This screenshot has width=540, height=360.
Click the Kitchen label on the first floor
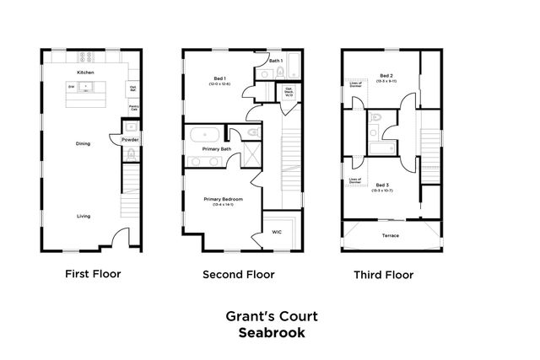tap(85, 73)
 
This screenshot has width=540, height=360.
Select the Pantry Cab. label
tap(133, 107)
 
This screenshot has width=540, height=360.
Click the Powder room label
tap(130, 139)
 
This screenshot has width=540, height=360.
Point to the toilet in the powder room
tap(131, 153)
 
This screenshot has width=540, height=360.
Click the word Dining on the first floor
tap(84, 143)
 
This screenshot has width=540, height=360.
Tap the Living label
tap(84, 216)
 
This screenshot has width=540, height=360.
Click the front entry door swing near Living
tap(121, 237)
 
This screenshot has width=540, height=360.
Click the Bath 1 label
tap(275, 61)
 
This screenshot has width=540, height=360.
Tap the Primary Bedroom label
tap(223, 199)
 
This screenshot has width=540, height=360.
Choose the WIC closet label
tap(276, 231)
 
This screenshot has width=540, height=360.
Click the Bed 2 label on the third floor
tap(387, 75)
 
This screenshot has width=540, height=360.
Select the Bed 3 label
tap(383, 185)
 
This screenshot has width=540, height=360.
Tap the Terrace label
tap(391, 235)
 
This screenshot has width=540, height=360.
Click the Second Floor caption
tap(238, 274)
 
